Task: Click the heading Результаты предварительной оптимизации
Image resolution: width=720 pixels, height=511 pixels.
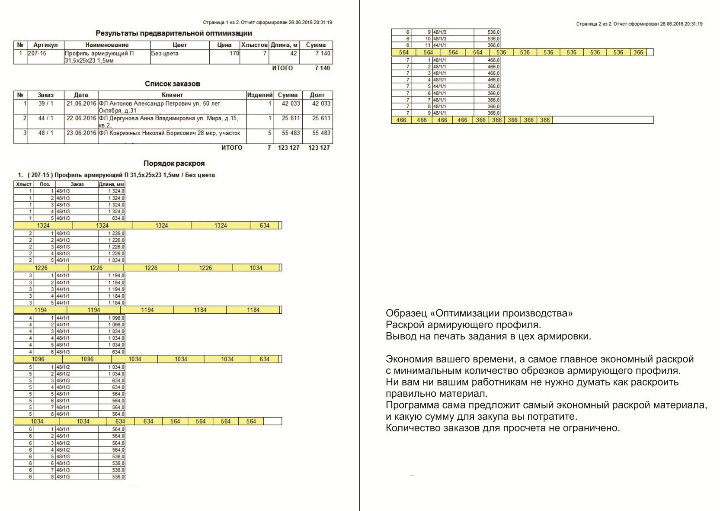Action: (173, 33)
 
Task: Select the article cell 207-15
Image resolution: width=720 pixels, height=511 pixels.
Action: (37, 54)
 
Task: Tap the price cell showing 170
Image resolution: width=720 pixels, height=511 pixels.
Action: (234, 54)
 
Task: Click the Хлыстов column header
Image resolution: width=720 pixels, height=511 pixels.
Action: (254, 45)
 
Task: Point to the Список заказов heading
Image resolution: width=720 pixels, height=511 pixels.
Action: (172, 84)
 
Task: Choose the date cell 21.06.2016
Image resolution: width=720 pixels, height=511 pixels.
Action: (81, 104)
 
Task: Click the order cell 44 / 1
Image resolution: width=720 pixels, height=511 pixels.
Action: (45, 118)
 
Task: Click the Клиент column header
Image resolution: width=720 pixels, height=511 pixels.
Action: (172, 95)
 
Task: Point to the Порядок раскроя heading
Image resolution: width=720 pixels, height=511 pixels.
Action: (174, 164)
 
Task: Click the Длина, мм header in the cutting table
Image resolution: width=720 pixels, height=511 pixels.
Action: (112, 184)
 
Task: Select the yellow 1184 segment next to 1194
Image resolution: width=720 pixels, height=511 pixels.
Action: (200, 310)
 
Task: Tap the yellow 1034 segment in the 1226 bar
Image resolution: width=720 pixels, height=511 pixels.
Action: (256, 268)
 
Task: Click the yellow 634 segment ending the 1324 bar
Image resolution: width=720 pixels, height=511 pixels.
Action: (264, 225)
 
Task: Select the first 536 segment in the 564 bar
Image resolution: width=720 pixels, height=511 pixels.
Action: (501, 52)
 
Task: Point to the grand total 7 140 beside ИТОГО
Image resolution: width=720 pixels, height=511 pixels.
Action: (322, 68)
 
